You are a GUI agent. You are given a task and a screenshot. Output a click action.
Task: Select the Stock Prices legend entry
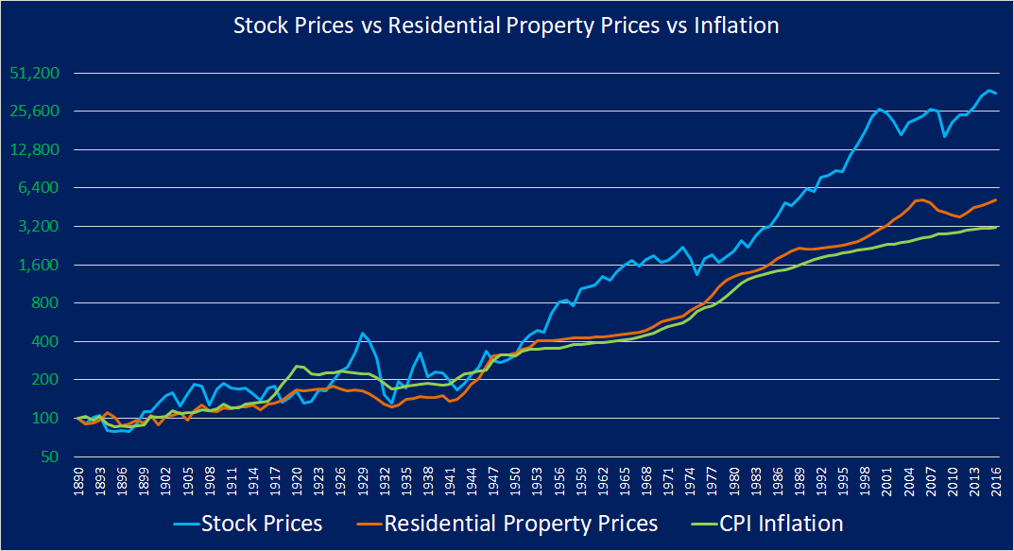(x=262, y=523)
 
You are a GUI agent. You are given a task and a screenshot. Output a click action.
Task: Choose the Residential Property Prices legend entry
(x=521, y=523)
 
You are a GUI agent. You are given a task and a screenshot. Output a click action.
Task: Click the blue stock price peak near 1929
(x=362, y=333)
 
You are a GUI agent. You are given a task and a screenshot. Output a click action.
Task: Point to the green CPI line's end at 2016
(x=997, y=227)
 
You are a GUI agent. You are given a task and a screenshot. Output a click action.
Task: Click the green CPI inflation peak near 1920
(x=297, y=366)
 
